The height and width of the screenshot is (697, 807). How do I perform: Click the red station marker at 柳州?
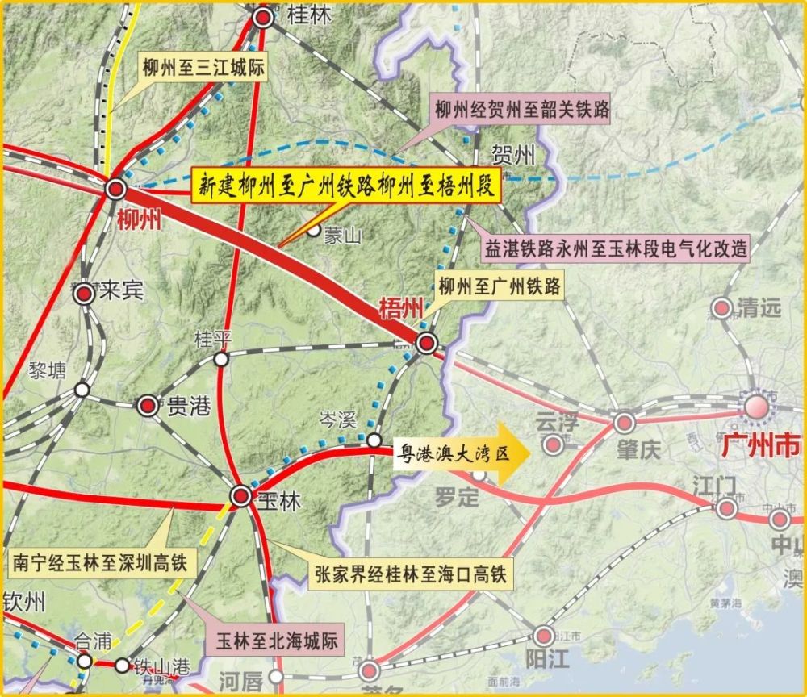pos(115,190)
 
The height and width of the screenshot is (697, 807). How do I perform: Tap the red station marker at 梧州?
pos(426,342)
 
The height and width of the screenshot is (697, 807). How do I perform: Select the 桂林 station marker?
pos(262,18)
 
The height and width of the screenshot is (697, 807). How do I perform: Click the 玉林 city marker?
pos(240,495)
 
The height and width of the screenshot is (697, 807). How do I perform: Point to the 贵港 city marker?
pos(148,406)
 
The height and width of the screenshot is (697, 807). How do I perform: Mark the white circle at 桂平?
pos(221,359)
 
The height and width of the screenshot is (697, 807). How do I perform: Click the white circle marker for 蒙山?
pos(313,231)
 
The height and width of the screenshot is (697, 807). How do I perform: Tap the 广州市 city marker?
pos(758,407)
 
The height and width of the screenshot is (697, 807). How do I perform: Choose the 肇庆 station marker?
pos(624,423)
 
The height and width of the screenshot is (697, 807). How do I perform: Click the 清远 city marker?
pos(721,307)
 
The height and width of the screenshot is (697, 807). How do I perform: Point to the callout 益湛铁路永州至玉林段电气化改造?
pos(617,248)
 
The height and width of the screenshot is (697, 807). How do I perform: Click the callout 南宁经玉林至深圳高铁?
pos(100,562)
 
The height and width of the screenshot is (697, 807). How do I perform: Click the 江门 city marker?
pos(726,508)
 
